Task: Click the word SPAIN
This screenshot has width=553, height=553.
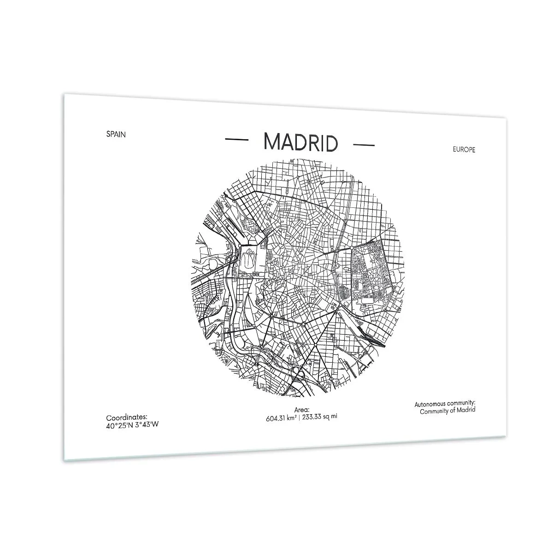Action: click(116, 135)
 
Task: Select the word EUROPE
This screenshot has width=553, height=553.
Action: click(463, 150)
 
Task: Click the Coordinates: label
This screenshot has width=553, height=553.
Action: click(127, 418)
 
